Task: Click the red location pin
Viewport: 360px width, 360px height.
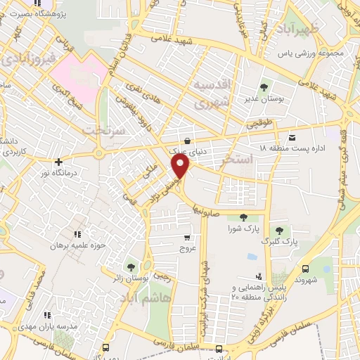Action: click(181, 167)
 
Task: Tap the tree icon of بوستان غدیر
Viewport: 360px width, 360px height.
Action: click(264, 87)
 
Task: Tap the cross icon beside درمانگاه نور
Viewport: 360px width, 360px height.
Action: click(59, 162)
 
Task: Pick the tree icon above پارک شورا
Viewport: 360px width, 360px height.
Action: click(243, 218)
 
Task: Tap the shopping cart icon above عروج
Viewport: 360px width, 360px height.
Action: click(187, 238)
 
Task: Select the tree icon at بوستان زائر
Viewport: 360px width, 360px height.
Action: click(131, 266)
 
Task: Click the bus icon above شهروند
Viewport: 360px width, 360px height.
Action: click(305, 269)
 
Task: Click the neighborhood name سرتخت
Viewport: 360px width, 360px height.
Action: click(97, 131)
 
